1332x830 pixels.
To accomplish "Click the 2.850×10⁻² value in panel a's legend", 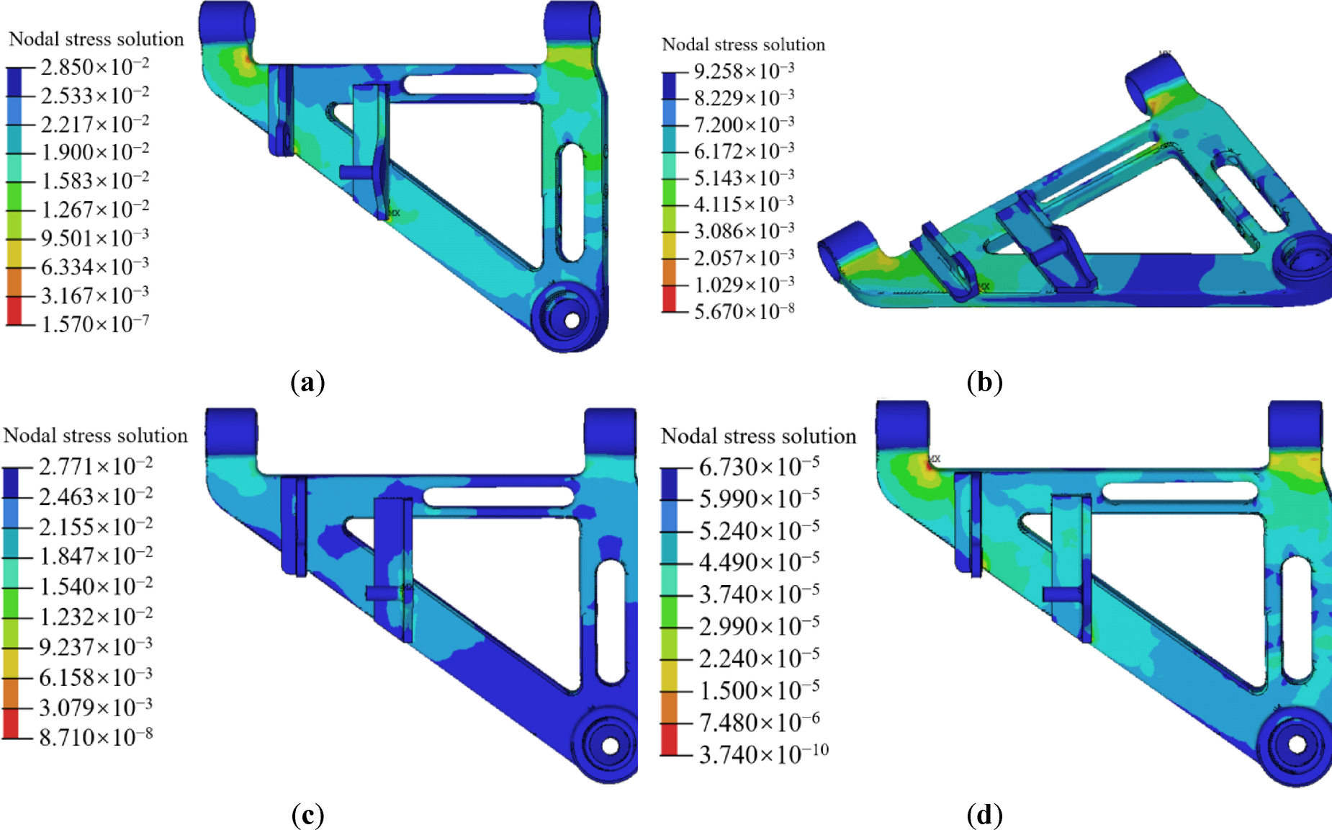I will [x=95, y=67].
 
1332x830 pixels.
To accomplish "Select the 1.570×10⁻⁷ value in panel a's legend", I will [x=95, y=324].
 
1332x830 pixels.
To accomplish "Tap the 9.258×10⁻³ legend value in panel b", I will [x=744, y=71].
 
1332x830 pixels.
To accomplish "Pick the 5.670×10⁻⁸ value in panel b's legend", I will [x=744, y=311].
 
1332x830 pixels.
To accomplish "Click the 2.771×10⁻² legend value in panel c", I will [x=95, y=467].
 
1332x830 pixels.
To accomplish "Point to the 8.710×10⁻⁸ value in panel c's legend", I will [x=95, y=737].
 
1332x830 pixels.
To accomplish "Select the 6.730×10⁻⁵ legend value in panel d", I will [x=759, y=467].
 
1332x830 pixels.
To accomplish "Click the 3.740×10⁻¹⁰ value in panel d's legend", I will [x=763, y=754].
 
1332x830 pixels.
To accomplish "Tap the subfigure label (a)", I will [x=307, y=382].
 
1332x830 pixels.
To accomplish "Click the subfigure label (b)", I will [x=984, y=382].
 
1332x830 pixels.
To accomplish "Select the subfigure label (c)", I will [x=307, y=815].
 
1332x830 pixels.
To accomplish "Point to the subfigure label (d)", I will [x=984, y=815].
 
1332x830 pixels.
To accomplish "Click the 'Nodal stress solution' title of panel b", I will [x=743, y=45].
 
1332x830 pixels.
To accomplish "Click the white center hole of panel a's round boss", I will [x=572, y=320].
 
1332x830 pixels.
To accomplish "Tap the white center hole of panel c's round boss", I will [x=610, y=746].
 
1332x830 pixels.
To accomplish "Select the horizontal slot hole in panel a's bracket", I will [x=469, y=84].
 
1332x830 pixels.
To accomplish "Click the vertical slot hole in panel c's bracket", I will [x=611, y=621].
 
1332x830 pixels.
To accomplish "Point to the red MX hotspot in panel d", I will [x=929, y=465].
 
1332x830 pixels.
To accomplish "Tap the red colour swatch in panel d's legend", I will [x=669, y=739].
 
